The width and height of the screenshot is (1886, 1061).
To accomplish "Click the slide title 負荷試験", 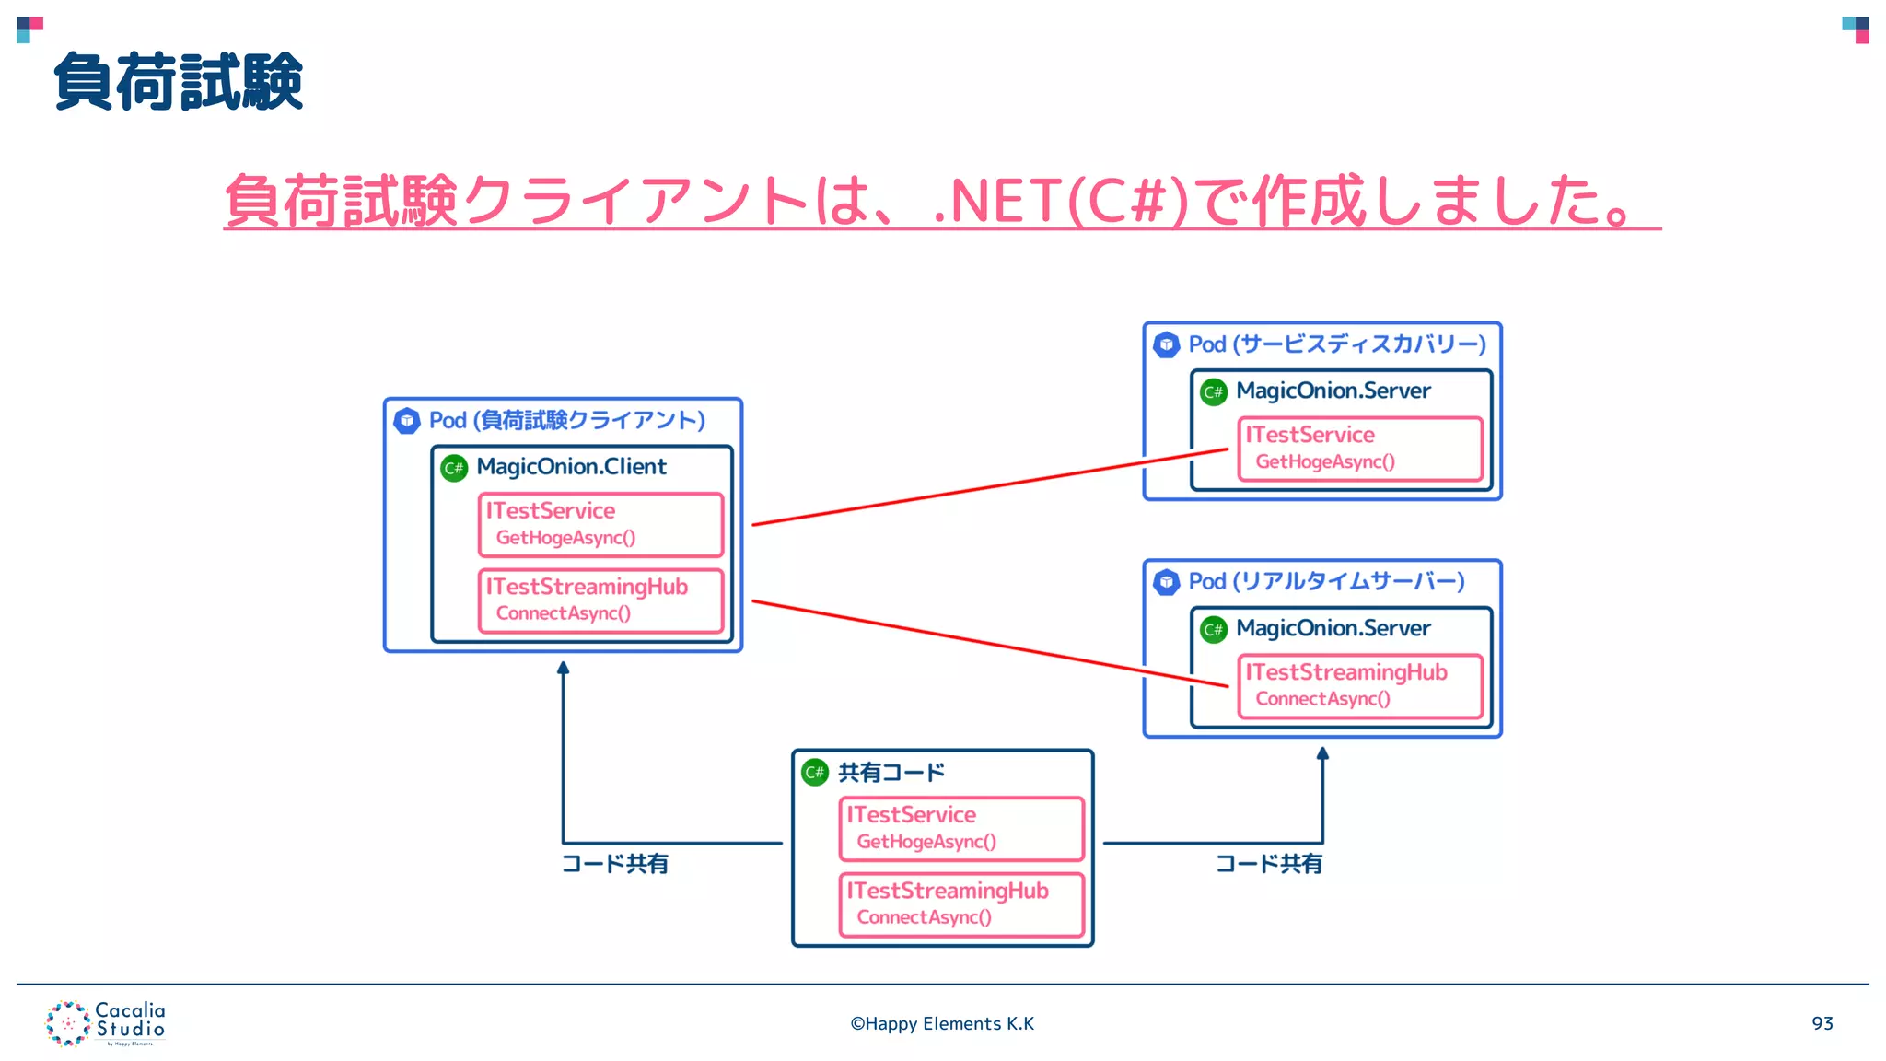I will [179, 82].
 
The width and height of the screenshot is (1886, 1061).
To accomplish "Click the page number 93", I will [1822, 1023].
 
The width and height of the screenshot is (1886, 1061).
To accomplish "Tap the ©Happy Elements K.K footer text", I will [942, 1023].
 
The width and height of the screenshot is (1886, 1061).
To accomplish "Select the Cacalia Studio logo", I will [105, 1023].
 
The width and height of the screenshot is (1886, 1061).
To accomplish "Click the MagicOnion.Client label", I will [571, 467].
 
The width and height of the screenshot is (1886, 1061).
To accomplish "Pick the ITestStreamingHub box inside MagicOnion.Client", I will [600, 600].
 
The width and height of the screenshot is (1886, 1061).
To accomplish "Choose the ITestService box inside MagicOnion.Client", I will [600, 524].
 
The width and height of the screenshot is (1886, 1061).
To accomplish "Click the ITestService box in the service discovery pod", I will [1360, 449].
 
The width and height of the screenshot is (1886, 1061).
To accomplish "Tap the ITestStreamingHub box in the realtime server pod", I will [1360, 686].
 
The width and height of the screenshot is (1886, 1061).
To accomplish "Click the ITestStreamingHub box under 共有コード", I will [961, 904].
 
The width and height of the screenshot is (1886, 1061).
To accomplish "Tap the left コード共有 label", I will [615, 864].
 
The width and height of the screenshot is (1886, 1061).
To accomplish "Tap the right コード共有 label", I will [1269, 864].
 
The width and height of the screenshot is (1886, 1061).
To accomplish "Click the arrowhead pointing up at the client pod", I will [563, 668].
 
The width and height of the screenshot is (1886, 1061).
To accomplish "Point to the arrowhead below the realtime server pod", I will [1322, 753].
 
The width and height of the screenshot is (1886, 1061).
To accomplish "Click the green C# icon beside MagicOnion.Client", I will [454, 468].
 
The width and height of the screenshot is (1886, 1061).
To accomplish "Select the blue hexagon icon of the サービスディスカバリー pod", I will [1167, 344].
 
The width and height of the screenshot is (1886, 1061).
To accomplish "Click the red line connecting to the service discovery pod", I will [990, 487].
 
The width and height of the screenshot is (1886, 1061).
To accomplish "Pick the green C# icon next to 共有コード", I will [815, 772].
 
